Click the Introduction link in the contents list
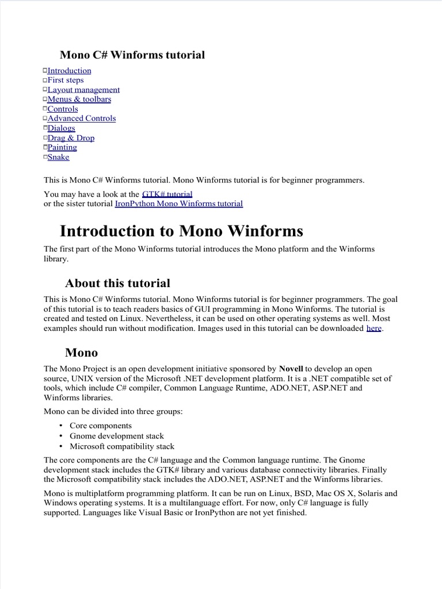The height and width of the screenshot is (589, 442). [x=69, y=71]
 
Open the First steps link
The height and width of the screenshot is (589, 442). [x=65, y=80]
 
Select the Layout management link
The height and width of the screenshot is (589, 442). [x=83, y=90]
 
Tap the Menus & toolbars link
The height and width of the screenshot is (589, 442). [x=79, y=99]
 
